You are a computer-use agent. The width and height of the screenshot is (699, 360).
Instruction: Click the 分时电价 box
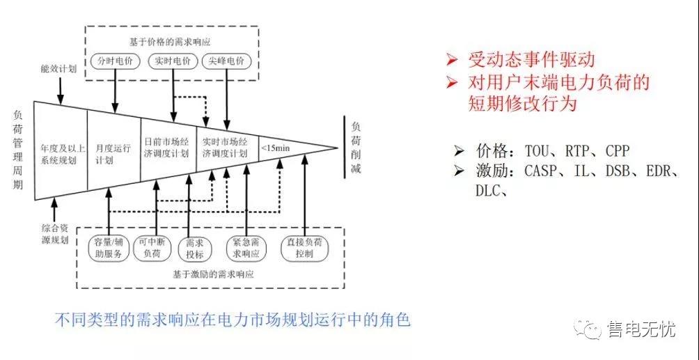(111, 61)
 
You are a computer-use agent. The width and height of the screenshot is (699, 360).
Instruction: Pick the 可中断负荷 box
(151, 248)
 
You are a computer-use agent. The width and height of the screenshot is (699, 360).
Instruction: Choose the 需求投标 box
(190, 248)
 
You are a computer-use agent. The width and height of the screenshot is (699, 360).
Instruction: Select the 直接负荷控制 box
(304, 248)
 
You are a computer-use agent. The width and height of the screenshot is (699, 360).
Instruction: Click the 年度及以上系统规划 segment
(61, 153)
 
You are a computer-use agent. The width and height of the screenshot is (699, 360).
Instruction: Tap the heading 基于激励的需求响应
(212, 274)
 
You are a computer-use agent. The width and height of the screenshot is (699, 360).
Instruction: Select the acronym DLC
(490, 190)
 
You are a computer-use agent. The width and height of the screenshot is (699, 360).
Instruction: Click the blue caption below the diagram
(233, 321)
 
